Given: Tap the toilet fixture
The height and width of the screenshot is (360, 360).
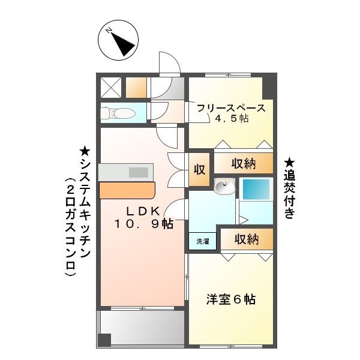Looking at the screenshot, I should (118, 112).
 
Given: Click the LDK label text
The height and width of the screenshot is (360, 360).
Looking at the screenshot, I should (142, 211).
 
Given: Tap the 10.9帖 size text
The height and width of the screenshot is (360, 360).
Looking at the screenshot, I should (144, 224).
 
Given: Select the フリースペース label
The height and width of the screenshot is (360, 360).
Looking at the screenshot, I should (231, 108).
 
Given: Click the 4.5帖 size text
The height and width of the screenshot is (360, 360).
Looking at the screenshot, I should (231, 119).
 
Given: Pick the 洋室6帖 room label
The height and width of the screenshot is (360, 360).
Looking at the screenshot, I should (232, 299).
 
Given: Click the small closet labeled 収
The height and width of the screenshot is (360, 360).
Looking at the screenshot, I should (199, 169).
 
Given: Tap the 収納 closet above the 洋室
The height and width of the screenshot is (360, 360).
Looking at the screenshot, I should (246, 239).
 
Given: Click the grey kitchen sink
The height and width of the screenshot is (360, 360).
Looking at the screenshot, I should (137, 172).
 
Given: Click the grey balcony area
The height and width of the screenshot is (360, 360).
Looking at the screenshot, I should (142, 328).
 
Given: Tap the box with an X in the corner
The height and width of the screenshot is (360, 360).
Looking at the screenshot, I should (112, 88).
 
